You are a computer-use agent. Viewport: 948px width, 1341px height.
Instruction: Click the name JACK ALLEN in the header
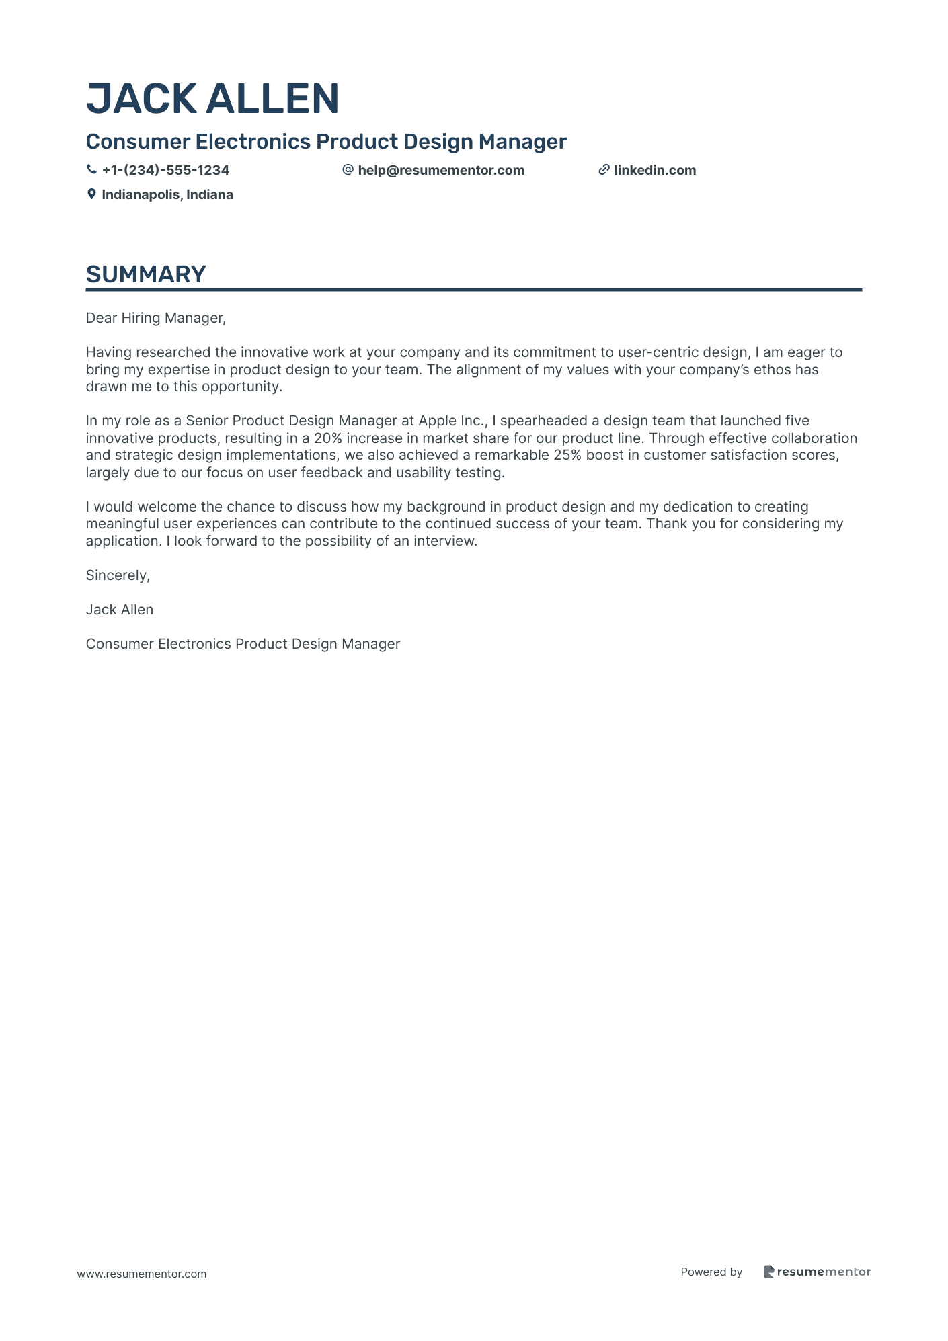tap(212, 99)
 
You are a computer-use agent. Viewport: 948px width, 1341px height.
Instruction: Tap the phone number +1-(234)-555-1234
tap(165, 170)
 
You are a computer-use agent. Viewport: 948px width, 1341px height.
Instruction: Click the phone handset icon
tap(91, 170)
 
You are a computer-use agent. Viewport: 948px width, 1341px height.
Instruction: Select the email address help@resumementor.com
tap(441, 170)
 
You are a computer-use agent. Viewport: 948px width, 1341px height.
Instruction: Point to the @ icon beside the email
tap(348, 170)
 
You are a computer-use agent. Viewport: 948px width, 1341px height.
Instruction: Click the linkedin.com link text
tap(655, 170)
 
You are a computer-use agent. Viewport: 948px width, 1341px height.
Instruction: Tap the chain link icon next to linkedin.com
tap(604, 170)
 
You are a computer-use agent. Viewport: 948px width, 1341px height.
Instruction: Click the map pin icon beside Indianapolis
tap(91, 194)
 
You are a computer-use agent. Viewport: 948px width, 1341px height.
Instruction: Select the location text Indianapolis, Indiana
tap(167, 194)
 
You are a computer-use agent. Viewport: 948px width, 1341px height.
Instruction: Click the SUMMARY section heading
tap(146, 274)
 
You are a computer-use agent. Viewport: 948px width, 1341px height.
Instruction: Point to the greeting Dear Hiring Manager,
tap(156, 318)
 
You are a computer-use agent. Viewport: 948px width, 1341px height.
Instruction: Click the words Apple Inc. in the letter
tap(452, 421)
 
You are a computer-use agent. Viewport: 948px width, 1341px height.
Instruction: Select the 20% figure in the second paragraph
tap(327, 438)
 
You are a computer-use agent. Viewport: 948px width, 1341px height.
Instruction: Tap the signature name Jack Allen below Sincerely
tap(120, 610)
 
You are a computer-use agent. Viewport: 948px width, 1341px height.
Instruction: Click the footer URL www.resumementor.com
tap(142, 1274)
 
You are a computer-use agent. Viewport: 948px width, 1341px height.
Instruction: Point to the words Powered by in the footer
tap(711, 1272)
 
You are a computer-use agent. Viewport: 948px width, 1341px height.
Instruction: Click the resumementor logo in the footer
tap(817, 1272)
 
